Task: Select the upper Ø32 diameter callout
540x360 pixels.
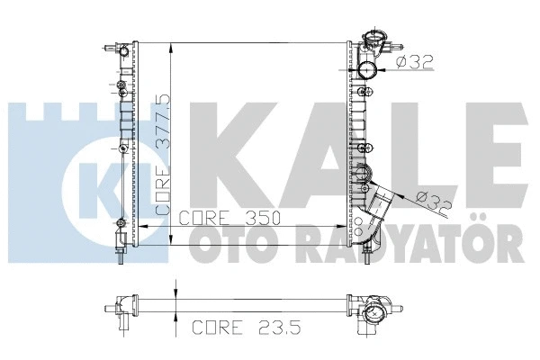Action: tap(413, 62)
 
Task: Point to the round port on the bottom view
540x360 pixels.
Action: tap(373, 315)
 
